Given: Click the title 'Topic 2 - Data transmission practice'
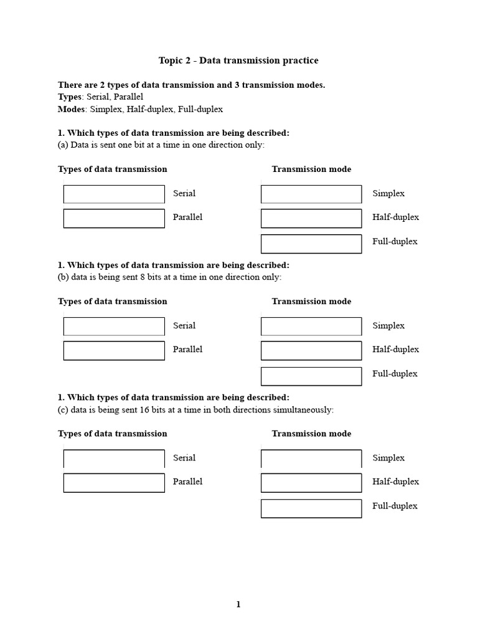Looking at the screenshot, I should click(x=238, y=60).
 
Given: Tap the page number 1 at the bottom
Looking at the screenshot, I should click(x=238, y=604).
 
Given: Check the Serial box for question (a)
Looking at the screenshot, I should click(x=114, y=194).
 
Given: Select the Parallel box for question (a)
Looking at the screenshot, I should click(x=114, y=218).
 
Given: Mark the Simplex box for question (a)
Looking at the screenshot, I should click(x=311, y=194).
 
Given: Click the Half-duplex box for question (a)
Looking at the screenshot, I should click(x=311, y=218).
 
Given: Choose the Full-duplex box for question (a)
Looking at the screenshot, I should click(x=311, y=244).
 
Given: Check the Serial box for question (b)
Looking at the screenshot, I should click(x=114, y=326).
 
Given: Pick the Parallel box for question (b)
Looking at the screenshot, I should click(x=114, y=350).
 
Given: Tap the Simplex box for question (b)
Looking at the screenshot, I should click(x=311, y=326).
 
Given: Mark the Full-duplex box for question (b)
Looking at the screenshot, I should click(x=311, y=376).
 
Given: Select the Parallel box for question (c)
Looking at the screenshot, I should click(x=114, y=482).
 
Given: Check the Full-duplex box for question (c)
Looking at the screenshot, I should click(x=311, y=508).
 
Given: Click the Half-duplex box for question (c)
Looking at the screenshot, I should click(x=311, y=482).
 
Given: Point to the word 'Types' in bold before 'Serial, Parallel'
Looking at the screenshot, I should click(x=70, y=97).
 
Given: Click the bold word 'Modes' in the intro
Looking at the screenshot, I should click(x=71, y=109).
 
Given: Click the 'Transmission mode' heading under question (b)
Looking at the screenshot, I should click(x=311, y=302).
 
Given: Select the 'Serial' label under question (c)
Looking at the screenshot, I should click(x=184, y=458).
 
